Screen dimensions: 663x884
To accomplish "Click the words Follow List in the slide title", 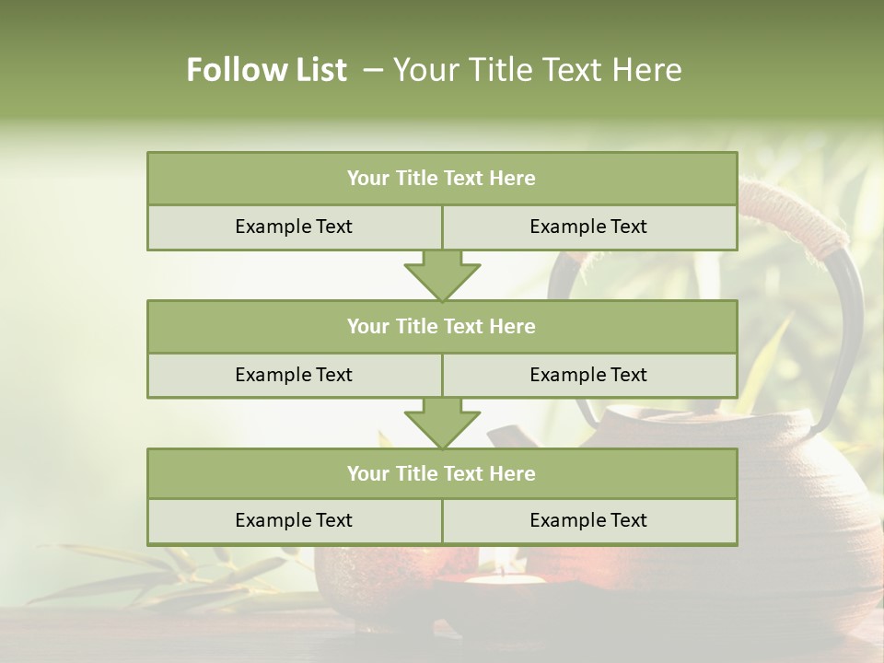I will point(266,70).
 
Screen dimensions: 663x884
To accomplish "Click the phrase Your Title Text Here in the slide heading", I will point(537,70).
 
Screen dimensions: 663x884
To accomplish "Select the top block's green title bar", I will point(442,179).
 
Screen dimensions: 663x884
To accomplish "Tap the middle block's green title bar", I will point(442,326).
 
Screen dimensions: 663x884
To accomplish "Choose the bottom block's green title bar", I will point(442,473).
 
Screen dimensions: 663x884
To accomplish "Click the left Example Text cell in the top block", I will point(294,227).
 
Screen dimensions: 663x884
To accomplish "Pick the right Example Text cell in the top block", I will point(588,227).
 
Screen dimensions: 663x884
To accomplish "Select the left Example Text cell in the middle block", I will point(294,375).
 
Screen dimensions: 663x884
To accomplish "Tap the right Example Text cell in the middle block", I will point(588,375).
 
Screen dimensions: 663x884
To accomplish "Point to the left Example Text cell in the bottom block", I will point(294,520).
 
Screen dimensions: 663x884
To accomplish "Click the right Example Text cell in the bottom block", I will point(588,520).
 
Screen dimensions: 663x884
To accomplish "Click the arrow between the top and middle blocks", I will point(442,275).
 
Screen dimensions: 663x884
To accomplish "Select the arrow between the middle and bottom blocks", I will point(442,423).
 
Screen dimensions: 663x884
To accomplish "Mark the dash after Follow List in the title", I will point(373,70).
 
